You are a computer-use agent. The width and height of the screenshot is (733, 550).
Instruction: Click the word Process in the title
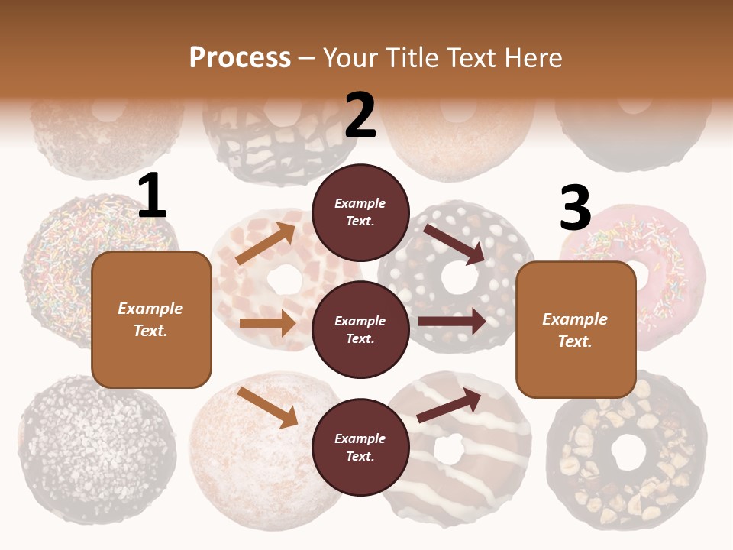[240, 58]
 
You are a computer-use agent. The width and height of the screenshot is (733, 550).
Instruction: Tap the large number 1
[152, 196]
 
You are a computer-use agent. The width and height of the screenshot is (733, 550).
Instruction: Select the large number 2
[360, 115]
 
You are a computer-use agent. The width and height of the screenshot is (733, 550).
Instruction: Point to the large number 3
[575, 207]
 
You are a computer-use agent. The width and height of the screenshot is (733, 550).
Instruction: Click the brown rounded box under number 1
[151, 319]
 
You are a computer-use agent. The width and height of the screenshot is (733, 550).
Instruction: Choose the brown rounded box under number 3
[576, 330]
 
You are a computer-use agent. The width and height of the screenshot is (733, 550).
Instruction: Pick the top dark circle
[360, 212]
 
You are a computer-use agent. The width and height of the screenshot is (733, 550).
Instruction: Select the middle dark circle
[360, 329]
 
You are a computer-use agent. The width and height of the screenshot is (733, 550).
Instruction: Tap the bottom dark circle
[360, 447]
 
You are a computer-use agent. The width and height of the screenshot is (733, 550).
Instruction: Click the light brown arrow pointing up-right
[266, 243]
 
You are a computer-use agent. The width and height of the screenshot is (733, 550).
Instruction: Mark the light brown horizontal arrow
[267, 323]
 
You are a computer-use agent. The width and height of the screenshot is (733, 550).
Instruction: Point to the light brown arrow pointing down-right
[267, 407]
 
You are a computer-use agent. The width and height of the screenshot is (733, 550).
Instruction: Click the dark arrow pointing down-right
[454, 244]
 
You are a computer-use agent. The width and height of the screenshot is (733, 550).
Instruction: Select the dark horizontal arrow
[452, 322]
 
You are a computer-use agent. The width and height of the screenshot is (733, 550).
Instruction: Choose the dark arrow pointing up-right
[449, 406]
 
